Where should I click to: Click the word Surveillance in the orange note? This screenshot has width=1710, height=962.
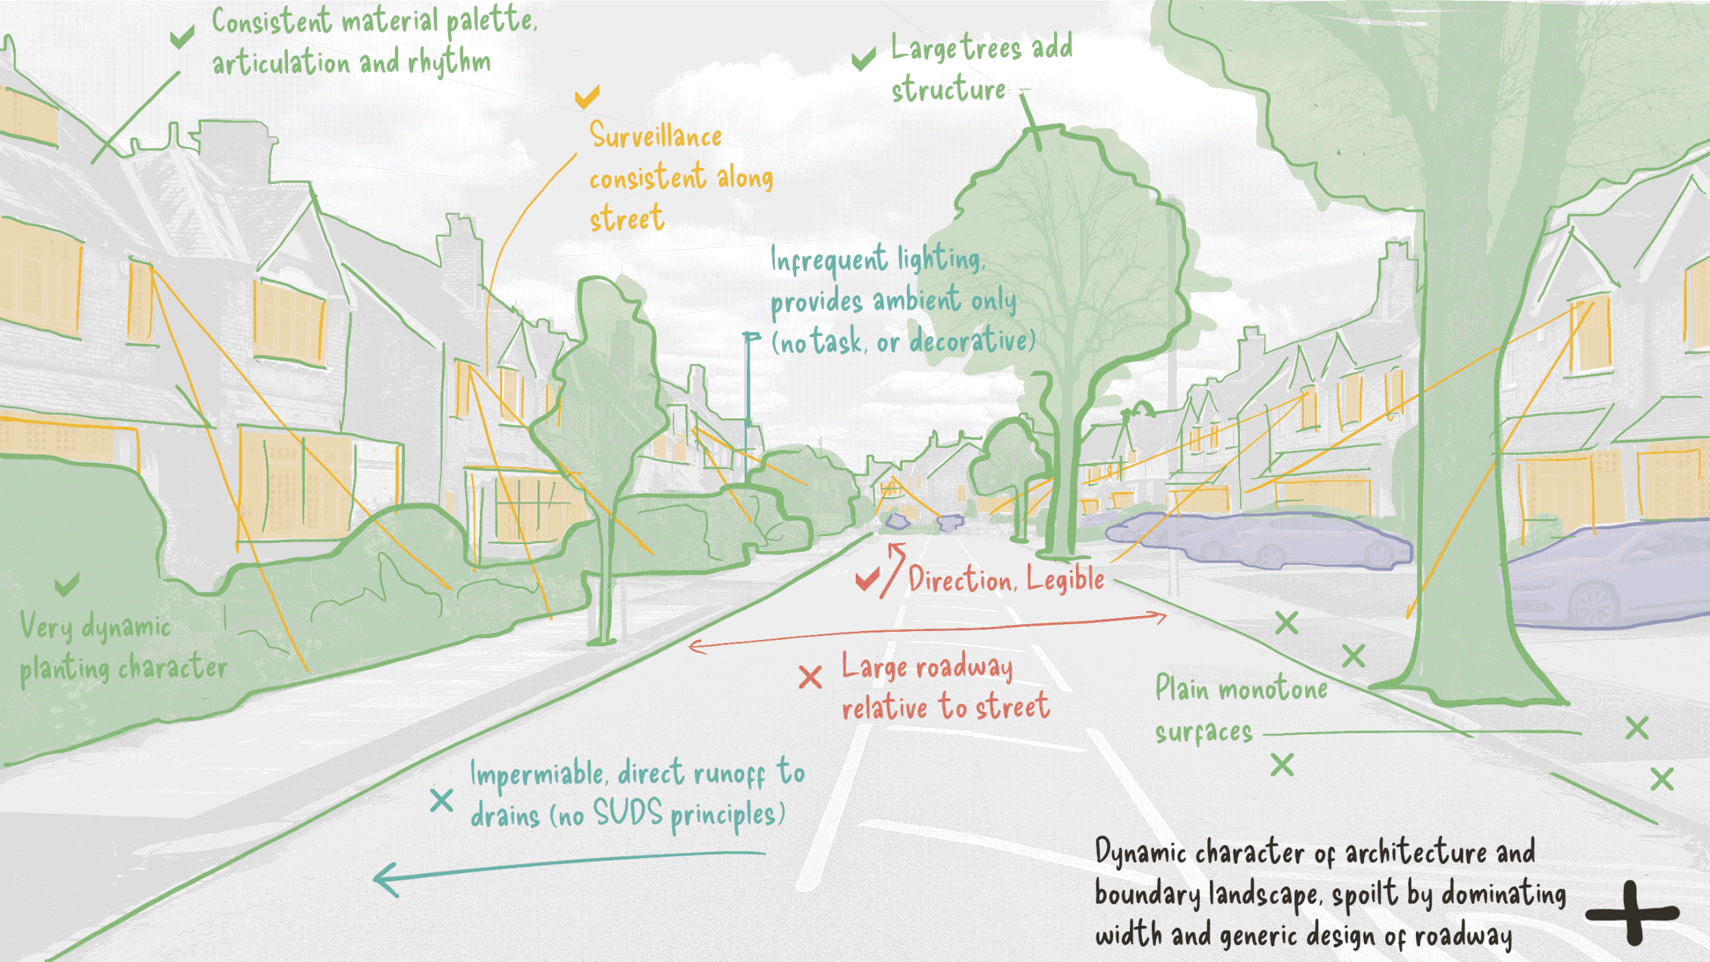pos(655,135)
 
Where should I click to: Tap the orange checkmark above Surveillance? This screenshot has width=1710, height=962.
pos(587,97)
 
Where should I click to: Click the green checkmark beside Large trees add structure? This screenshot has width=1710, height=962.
pos(863,59)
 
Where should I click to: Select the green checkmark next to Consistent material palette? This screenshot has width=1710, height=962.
pos(182,37)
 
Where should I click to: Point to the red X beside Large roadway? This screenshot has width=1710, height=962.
pos(810,677)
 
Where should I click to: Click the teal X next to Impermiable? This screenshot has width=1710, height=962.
pos(441,799)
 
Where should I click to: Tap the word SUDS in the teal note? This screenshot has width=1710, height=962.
pos(627,813)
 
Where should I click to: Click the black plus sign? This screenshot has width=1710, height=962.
pos(1633,913)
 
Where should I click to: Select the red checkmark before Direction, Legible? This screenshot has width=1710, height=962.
pos(867,580)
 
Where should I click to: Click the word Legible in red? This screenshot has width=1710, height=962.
pos(1065,579)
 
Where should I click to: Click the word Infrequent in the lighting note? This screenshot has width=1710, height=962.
pos(828,260)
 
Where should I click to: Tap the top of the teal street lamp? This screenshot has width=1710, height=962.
pos(751,336)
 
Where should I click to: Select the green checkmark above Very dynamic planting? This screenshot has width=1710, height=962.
pos(67,585)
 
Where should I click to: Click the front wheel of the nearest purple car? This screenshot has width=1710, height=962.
pos(1594,605)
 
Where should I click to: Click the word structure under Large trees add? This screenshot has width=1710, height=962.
pos(948,90)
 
